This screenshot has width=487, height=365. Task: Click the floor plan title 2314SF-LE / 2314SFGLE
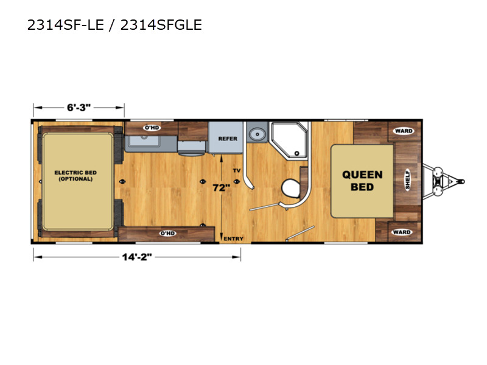pos(114,25)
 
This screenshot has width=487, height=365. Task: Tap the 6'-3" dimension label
pos(79,108)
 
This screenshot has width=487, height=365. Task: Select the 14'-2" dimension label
pos(136,257)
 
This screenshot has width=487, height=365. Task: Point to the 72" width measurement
pos(221,188)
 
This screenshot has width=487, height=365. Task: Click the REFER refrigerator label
pos(228,139)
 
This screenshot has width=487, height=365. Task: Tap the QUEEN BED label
pos(362,181)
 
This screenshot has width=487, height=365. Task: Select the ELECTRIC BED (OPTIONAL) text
pos(75,176)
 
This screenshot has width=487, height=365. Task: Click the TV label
pos(237,170)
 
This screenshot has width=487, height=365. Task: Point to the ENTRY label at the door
pos(234,238)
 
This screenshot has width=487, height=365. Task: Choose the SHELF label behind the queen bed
pos(407,179)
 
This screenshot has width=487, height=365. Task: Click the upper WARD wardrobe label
pos(404,131)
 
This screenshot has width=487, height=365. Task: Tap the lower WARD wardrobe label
pos(402,232)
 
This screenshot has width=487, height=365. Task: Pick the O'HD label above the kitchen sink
pos(152,128)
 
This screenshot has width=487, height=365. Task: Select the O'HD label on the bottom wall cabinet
pos(167,234)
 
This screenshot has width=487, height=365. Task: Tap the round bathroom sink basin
pos(257,134)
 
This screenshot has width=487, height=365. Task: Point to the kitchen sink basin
pos(144,141)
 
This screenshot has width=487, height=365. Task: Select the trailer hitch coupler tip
pos(463,181)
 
